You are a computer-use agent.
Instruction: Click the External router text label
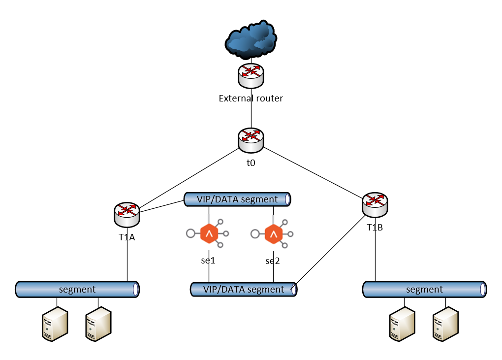click(x=251, y=98)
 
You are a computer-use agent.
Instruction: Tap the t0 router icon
click(x=251, y=140)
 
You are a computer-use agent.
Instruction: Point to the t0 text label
click(x=251, y=162)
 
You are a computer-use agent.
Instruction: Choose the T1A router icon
click(x=127, y=213)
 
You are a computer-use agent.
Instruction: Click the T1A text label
click(x=127, y=237)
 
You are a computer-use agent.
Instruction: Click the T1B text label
click(x=375, y=228)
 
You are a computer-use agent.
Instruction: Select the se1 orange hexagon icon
click(x=210, y=233)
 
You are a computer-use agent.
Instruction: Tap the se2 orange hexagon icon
click(x=273, y=233)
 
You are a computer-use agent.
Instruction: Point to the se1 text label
click(x=209, y=261)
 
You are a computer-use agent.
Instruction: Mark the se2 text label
click(x=273, y=261)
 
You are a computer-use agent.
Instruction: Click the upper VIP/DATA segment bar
click(x=237, y=199)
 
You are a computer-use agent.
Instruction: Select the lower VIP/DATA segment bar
click(x=244, y=289)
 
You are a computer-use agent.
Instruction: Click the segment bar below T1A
click(x=77, y=289)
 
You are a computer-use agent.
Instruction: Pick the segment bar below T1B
click(x=425, y=289)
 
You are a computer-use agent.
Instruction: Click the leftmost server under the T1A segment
click(x=54, y=324)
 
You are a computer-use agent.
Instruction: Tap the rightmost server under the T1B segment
click(x=445, y=324)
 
